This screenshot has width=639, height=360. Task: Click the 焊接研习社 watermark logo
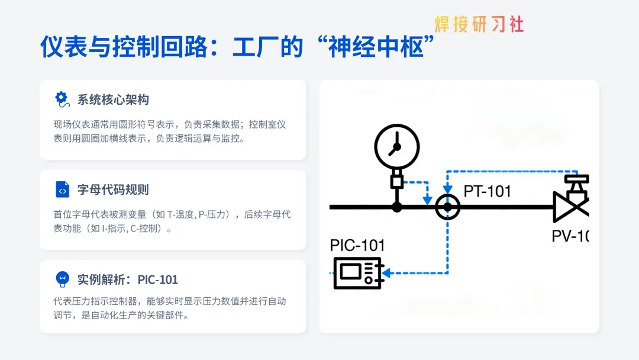479,24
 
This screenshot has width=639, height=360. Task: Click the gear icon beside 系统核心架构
62,99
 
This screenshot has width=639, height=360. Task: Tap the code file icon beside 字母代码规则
62,189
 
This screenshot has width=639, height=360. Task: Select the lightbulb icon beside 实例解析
62,279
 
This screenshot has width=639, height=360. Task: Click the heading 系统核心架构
113,99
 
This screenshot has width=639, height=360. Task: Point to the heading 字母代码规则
113,189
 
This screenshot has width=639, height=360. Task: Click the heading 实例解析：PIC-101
127,279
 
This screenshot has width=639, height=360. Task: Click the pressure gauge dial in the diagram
397,146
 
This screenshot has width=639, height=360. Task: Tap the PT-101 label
487,191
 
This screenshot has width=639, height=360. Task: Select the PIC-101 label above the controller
357,245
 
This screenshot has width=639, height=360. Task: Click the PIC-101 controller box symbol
357,272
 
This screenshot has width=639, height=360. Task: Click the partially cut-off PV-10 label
570,236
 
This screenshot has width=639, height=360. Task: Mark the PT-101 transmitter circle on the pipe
447,207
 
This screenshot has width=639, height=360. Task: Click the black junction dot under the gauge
397,207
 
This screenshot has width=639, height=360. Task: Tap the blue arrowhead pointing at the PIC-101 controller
386,273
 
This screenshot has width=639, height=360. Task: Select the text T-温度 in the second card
181,214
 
